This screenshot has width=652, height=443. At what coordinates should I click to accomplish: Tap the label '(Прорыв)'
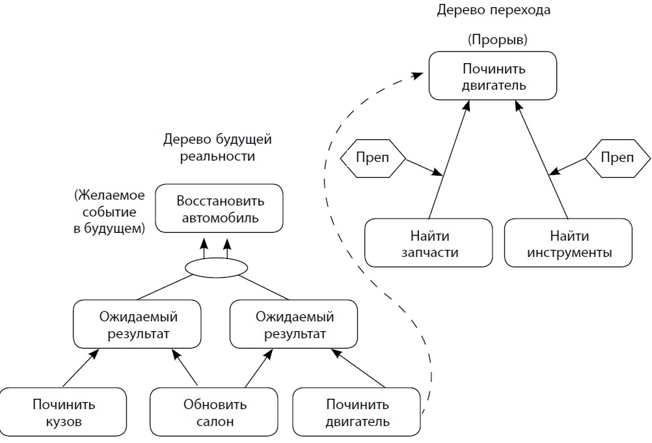tap(497, 40)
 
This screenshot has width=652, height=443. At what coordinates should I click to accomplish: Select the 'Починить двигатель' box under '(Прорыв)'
tap(493, 76)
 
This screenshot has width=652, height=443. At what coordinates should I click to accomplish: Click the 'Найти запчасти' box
tap(429, 243)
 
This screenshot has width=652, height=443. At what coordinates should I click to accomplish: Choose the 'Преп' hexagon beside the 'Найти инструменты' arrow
tap(617, 157)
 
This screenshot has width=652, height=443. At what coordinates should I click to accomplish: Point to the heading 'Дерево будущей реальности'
tap(217, 148)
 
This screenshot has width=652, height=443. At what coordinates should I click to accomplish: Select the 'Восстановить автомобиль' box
tap(219, 208)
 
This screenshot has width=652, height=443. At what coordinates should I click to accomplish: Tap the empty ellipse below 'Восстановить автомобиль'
tap(217, 267)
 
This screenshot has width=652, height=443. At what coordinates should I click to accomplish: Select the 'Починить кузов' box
tap(64, 412)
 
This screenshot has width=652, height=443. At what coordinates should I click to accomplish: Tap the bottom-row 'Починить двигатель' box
tap(357, 412)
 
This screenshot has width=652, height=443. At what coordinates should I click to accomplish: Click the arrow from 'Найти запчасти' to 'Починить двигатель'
tap(449, 163)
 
